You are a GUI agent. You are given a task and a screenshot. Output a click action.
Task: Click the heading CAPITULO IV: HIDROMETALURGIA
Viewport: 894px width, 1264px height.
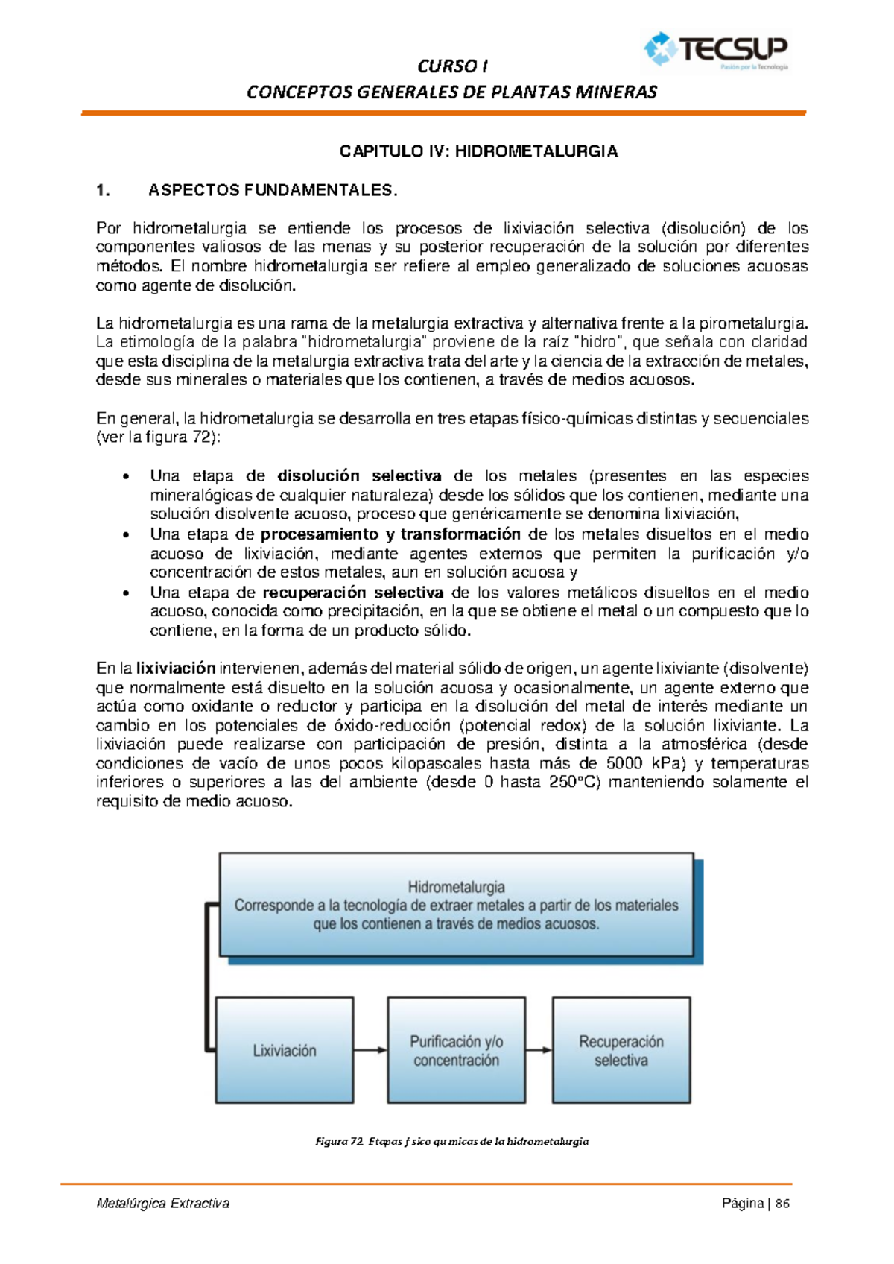tap(478, 151)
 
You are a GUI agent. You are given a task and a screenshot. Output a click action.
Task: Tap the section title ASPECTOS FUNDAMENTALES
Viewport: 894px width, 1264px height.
tap(273, 190)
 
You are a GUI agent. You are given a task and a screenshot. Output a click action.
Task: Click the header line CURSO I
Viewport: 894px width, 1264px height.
tap(452, 66)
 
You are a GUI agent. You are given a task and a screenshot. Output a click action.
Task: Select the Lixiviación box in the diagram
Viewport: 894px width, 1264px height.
tap(284, 1050)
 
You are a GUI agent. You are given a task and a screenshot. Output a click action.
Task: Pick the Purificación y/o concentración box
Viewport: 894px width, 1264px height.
tap(456, 1050)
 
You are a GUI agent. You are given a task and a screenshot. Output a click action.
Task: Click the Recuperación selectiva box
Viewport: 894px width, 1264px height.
tap(621, 1050)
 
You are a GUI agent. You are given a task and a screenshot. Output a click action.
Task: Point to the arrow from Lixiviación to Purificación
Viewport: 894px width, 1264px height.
tap(370, 1050)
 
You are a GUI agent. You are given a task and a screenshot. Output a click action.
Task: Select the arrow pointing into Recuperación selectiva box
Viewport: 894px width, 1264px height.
tap(539, 1050)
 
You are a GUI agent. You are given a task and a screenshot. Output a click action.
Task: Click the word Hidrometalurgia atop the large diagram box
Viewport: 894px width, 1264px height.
tap(456, 887)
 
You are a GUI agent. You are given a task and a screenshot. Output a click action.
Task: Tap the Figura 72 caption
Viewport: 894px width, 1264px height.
tap(452, 1141)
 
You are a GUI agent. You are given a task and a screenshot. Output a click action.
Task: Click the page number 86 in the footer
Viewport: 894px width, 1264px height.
tap(782, 1204)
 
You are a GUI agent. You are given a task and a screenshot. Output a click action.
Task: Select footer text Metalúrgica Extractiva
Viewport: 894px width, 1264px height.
tap(163, 1204)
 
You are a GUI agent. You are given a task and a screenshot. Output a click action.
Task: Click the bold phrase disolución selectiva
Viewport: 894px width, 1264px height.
tap(359, 475)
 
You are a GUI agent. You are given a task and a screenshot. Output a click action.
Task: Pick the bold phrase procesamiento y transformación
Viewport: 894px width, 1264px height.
tap(390, 534)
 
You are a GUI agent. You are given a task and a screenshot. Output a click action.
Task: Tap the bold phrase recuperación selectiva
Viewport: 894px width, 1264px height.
tap(353, 592)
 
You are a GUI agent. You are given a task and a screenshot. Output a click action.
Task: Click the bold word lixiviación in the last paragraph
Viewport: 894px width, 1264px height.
tap(176, 669)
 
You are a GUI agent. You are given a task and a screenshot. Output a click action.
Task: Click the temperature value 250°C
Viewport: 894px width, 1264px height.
tap(574, 782)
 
